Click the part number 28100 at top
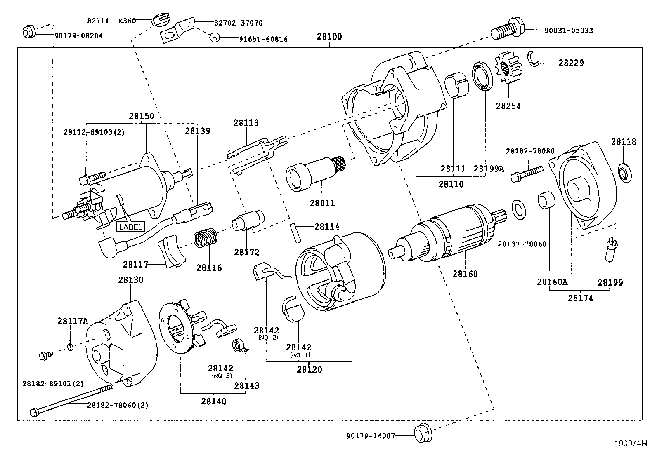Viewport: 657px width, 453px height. tap(329, 36)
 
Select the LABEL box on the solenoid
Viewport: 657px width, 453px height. tap(130, 227)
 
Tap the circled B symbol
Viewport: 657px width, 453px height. tap(214, 38)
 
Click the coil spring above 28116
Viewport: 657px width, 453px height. tap(206, 239)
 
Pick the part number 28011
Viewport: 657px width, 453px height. tap(322, 203)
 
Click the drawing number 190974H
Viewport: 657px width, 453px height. tap(630, 444)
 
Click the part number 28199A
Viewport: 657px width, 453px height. tap(489, 168)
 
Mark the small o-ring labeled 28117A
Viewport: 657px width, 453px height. tap(70, 347)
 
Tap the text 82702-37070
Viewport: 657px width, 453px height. tap(238, 23)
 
